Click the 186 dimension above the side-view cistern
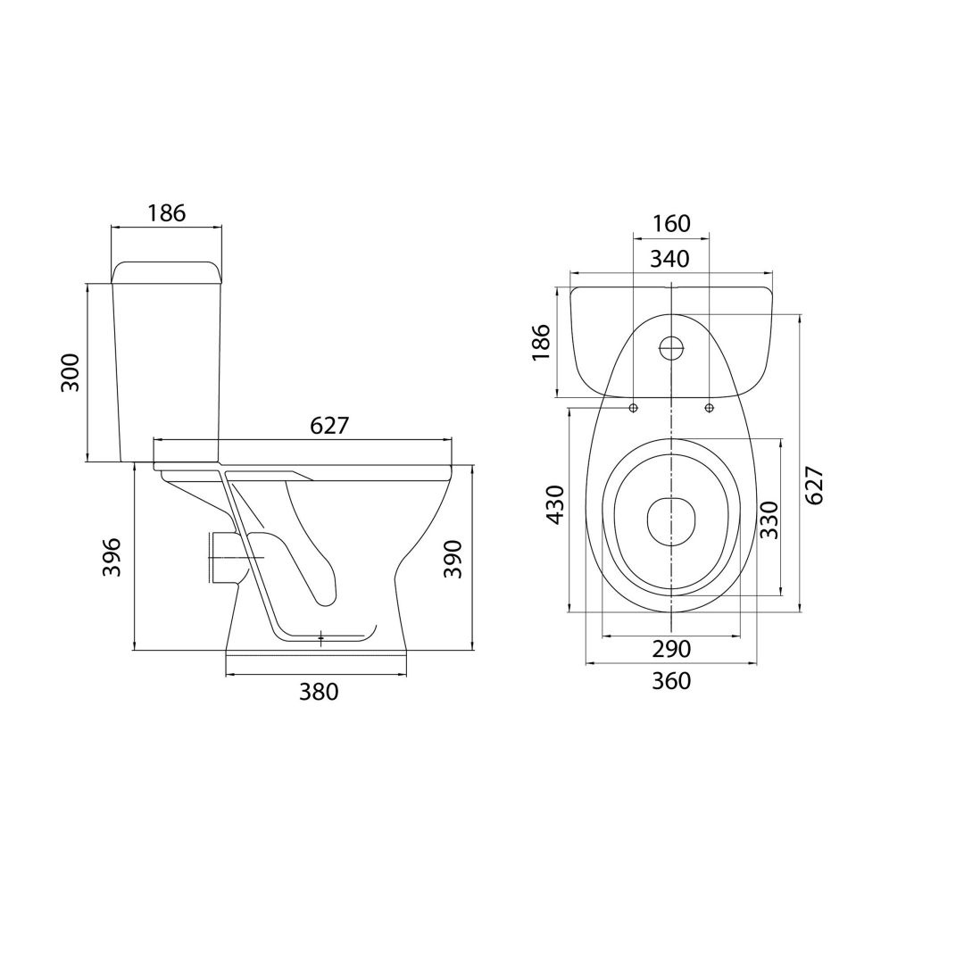(167, 212)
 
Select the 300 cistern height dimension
(71, 372)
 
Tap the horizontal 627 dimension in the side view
(329, 426)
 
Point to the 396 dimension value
(112, 558)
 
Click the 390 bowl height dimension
(453, 559)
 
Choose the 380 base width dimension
(319, 693)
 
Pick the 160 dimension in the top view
(670, 223)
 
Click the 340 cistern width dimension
(670, 259)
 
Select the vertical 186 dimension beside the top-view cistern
(541, 343)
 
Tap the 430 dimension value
(556, 504)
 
